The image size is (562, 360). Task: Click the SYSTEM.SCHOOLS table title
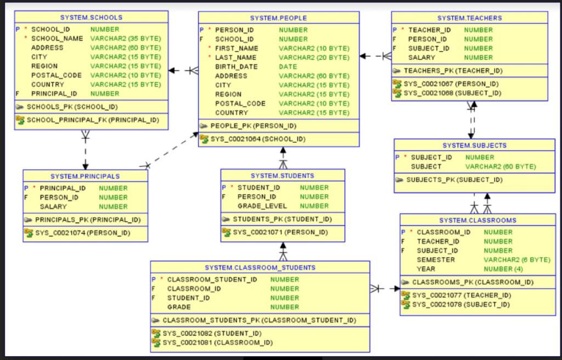91,18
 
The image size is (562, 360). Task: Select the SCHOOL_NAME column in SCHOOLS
57,38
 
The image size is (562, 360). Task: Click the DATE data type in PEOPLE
288,66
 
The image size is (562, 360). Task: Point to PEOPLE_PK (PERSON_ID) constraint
254,126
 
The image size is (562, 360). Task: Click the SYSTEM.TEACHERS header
469,18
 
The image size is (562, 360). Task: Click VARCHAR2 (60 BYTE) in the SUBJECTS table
501,166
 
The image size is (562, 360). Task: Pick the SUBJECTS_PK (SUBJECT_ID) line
454,179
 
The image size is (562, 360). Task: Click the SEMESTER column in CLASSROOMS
436,260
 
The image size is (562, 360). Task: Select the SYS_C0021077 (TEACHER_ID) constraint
461,295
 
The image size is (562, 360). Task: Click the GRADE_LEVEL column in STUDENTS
262,206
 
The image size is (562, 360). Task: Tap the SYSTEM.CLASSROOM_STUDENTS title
260,268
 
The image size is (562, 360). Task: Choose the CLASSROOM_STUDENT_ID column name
212,279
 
